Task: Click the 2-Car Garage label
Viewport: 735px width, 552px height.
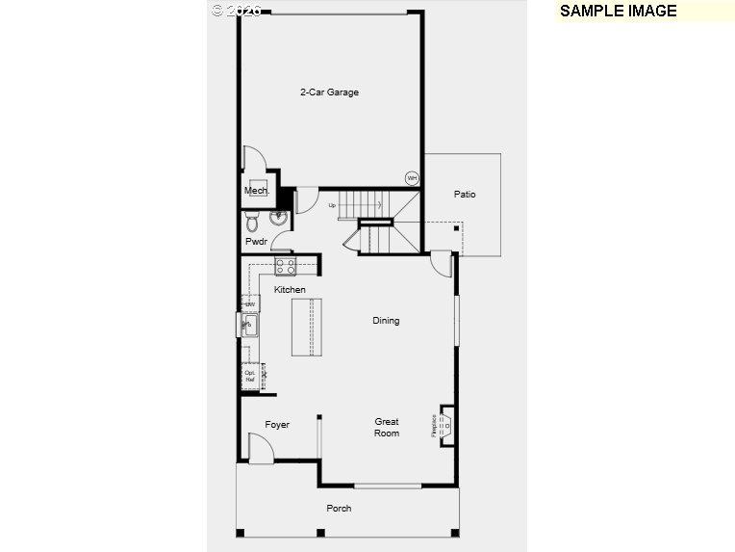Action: tap(329, 92)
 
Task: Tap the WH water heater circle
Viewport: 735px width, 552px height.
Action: tap(412, 178)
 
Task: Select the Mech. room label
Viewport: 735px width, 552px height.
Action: tap(255, 191)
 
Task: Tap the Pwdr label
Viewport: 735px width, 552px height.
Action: tap(256, 242)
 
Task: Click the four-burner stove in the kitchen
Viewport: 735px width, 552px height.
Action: tap(286, 267)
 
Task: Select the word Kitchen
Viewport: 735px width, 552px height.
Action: tap(290, 290)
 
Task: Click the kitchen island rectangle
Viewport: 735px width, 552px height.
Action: tap(307, 328)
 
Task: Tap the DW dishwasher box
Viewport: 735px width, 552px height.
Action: tap(249, 304)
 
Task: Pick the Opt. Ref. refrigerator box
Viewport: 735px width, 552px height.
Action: tap(251, 376)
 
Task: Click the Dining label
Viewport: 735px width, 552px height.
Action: tap(386, 321)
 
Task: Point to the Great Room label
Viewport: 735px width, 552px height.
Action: tap(387, 428)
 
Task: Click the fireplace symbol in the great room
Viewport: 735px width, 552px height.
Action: tap(445, 422)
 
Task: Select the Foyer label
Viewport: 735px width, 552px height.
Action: tap(277, 425)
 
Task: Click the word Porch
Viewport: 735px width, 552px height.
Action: tap(339, 509)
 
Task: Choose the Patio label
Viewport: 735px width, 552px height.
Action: tap(465, 195)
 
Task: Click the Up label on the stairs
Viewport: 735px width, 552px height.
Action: tap(333, 205)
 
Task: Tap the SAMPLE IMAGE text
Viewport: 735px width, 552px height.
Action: tap(618, 12)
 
